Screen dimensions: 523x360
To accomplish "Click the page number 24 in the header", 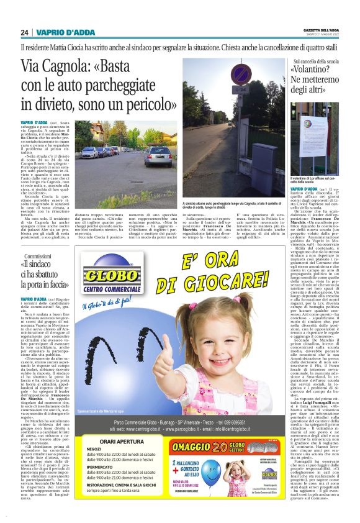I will click(25, 32).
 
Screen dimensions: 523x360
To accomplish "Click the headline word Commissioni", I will click(37, 256).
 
